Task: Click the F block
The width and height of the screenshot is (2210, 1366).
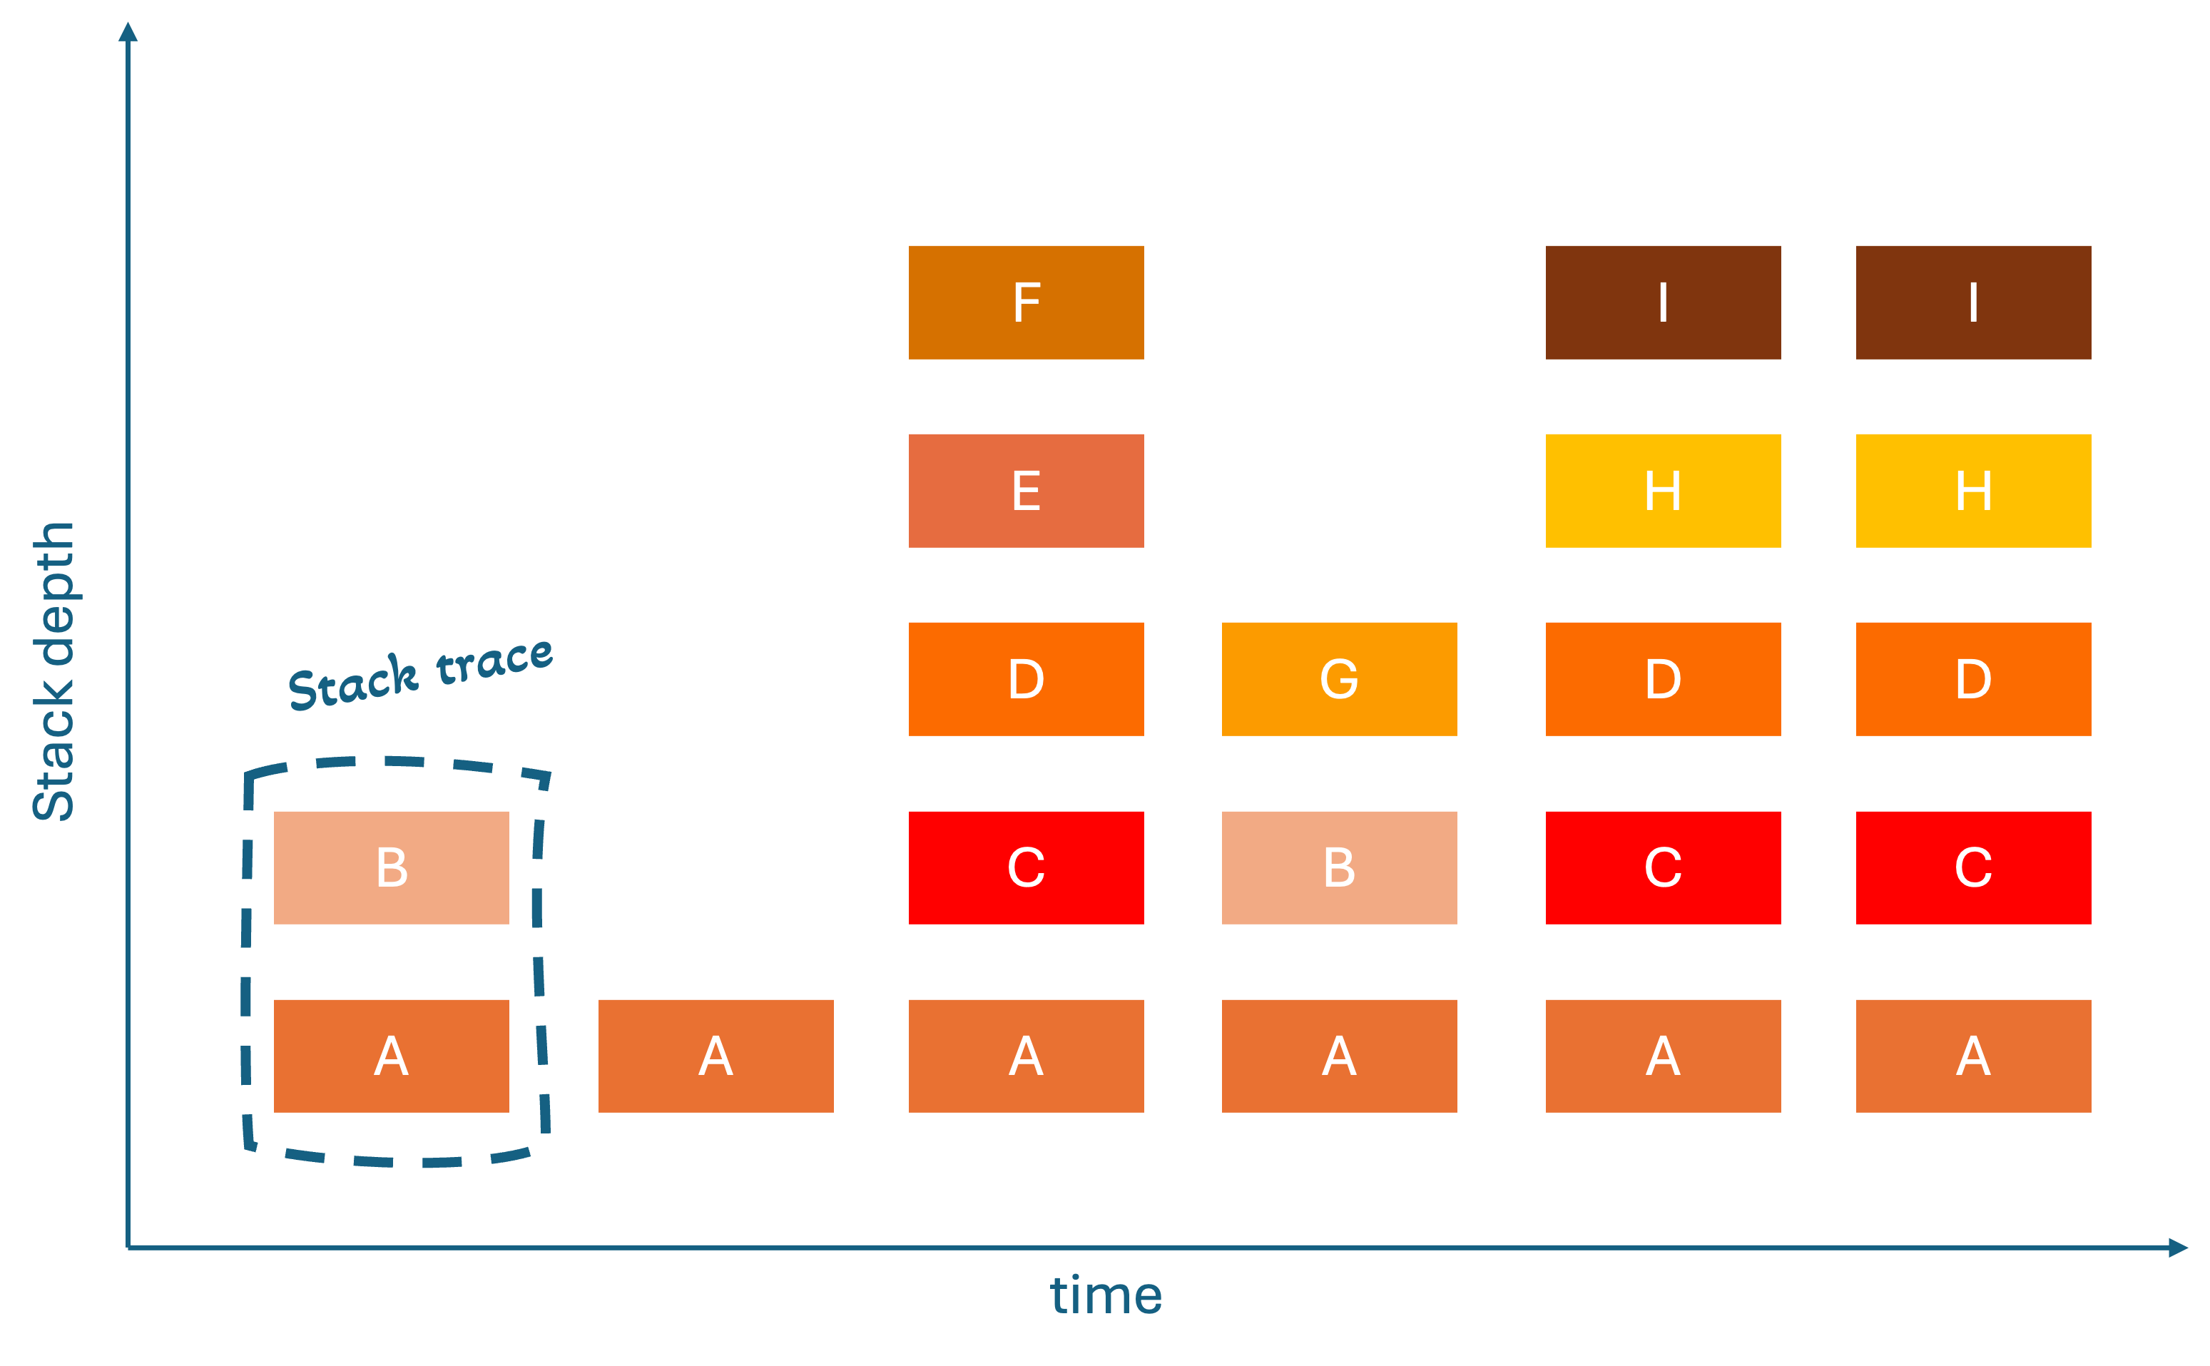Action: coord(1026,302)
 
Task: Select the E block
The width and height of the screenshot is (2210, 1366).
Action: coord(1026,491)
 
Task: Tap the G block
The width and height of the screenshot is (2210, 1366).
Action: coord(1339,678)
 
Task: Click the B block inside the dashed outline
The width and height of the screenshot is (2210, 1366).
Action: coord(391,867)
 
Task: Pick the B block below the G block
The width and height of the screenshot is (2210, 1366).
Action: coord(1339,867)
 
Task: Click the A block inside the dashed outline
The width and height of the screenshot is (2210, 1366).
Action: coord(391,1055)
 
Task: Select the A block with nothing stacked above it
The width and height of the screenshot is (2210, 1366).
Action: coord(716,1055)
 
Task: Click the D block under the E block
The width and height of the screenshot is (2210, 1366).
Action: coord(1026,678)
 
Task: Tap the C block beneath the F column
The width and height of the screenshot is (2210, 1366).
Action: coord(1026,867)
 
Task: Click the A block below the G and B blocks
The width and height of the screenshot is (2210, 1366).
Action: coord(1339,1055)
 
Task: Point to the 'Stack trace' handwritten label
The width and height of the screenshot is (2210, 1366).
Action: coord(420,673)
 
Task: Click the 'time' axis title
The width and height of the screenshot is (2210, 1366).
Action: coord(1105,1295)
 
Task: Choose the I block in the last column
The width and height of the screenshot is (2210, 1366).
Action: coord(1973,302)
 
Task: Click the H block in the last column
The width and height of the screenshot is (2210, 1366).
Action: coord(1973,491)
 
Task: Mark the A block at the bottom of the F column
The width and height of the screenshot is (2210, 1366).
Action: coord(1026,1055)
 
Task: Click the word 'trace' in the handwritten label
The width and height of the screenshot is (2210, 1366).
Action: coord(494,660)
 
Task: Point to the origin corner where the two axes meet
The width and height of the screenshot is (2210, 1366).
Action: coord(128,1248)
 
